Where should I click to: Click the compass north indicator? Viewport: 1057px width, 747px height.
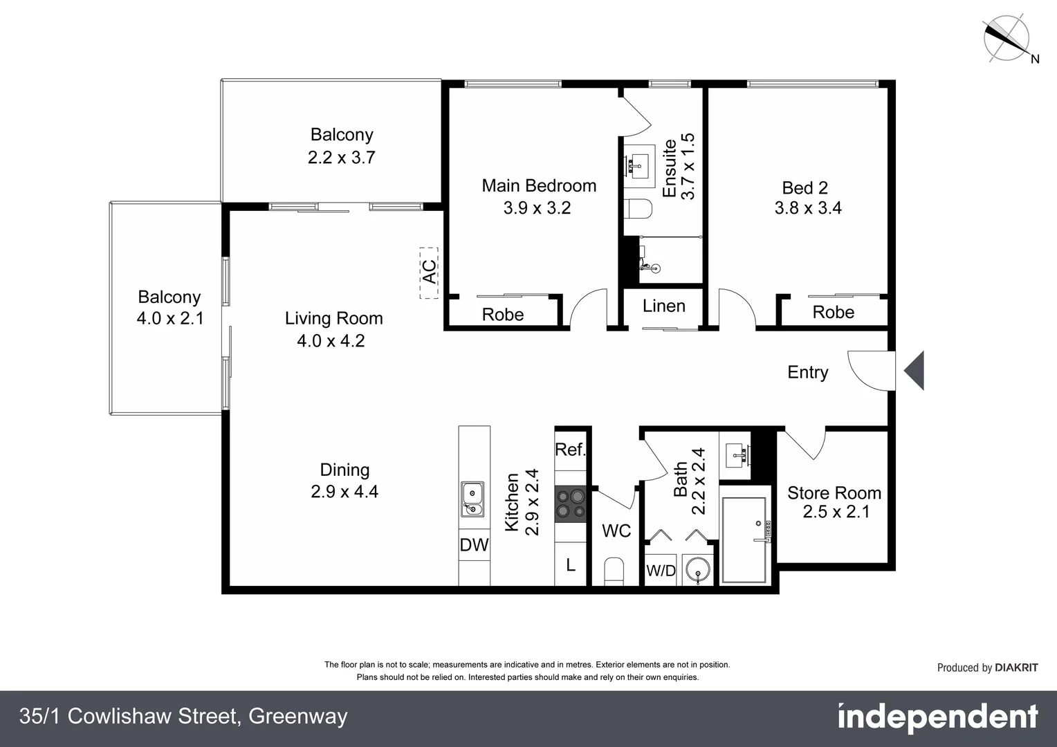[x=1007, y=37]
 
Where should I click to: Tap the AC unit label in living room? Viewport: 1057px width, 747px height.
[x=429, y=273]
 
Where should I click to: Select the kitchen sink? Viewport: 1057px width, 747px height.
[x=472, y=500]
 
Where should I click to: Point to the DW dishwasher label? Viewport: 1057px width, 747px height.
[x=474, y=545]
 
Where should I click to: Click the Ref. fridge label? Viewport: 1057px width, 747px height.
[x=571, y=450]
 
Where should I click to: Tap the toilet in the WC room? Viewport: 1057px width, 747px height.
[x=614, y=571]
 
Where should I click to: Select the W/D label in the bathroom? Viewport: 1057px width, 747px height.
[x=661, y=571]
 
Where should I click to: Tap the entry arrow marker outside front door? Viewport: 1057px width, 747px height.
[x=914, y=371]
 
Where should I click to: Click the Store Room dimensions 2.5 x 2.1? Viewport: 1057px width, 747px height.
[x=836, y=512]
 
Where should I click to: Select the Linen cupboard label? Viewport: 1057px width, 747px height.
[x=663, y=306]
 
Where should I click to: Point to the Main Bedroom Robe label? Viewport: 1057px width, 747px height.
[x=502, y=315]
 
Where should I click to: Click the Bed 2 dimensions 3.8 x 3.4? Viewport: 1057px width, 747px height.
[x=807, y=207]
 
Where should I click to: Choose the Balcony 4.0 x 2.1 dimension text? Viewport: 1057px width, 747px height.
[x=169, y=318]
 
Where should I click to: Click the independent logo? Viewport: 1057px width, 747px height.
[x=937, y=718]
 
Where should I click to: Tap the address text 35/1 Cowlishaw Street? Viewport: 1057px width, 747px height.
[x=183, y=717]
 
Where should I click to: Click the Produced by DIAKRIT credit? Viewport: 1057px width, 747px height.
[x=987, y=667]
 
